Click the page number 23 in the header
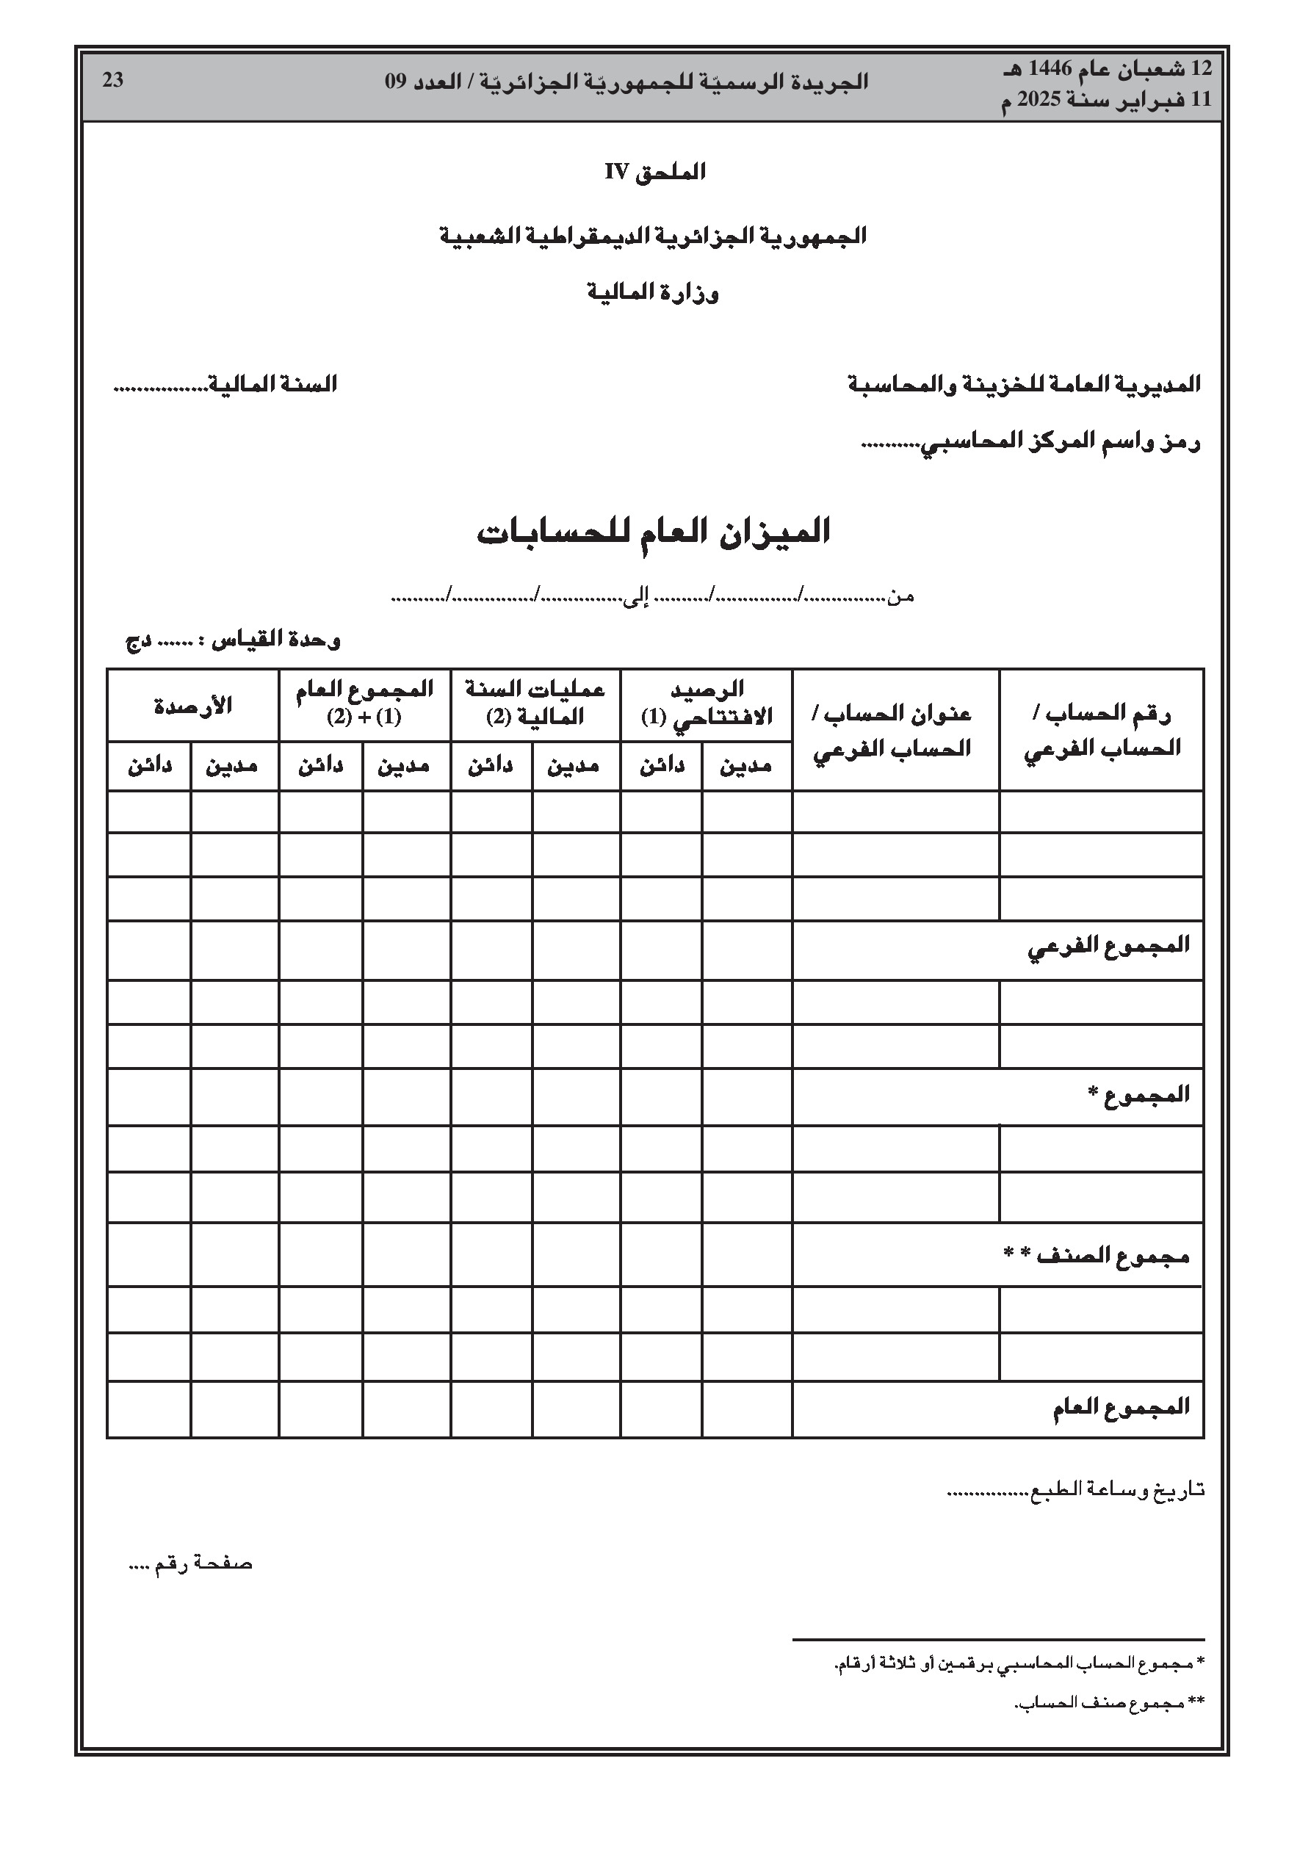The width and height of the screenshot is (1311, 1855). tap(113, 80)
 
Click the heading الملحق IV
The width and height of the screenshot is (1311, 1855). tap(654, 172)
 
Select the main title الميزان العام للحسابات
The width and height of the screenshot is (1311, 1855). tap(654, 532)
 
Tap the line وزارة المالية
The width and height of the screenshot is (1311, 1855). tap(653, 292)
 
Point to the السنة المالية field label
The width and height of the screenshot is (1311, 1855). tap(272, 384)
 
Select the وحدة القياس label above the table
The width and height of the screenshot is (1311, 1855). tap(275, 640)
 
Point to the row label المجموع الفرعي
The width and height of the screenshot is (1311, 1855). tap(1108, 945)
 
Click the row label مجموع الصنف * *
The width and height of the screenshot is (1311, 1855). tap(1096, 1255)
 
